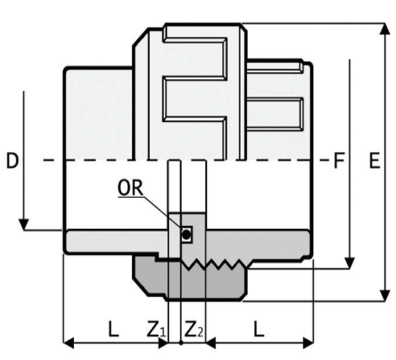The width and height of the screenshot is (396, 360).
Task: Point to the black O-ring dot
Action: (x=186, y=236)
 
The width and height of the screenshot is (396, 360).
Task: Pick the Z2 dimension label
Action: (x=194, y=330)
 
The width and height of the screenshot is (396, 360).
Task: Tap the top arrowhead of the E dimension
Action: (x=384, y=29)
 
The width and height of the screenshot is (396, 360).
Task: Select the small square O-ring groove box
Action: (x=186, y=235)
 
